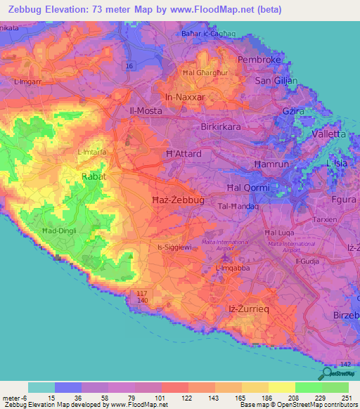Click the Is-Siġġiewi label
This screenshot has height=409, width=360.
tap(174, 247)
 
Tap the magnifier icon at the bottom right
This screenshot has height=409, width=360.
tap(326, 374)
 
